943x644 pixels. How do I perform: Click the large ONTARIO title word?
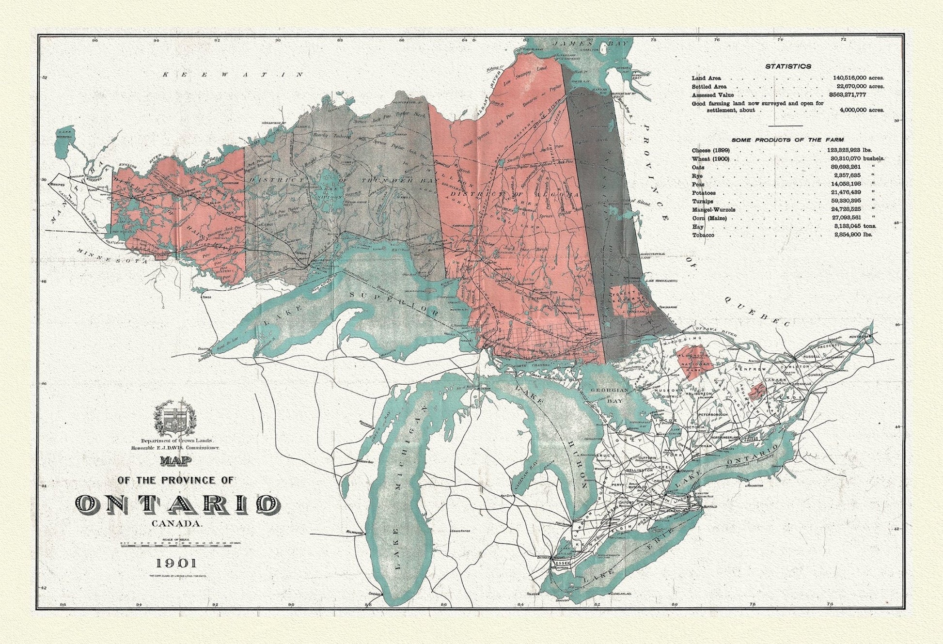pos(177,504)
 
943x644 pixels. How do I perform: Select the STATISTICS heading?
pos(788,66)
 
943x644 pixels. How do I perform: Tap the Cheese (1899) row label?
pos(710,150)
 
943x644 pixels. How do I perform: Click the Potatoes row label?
pos(704,193)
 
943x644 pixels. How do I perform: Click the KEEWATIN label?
pos(233,75)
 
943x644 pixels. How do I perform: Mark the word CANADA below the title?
pos(176,523)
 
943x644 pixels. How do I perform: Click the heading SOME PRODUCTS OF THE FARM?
pos(787,140)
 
